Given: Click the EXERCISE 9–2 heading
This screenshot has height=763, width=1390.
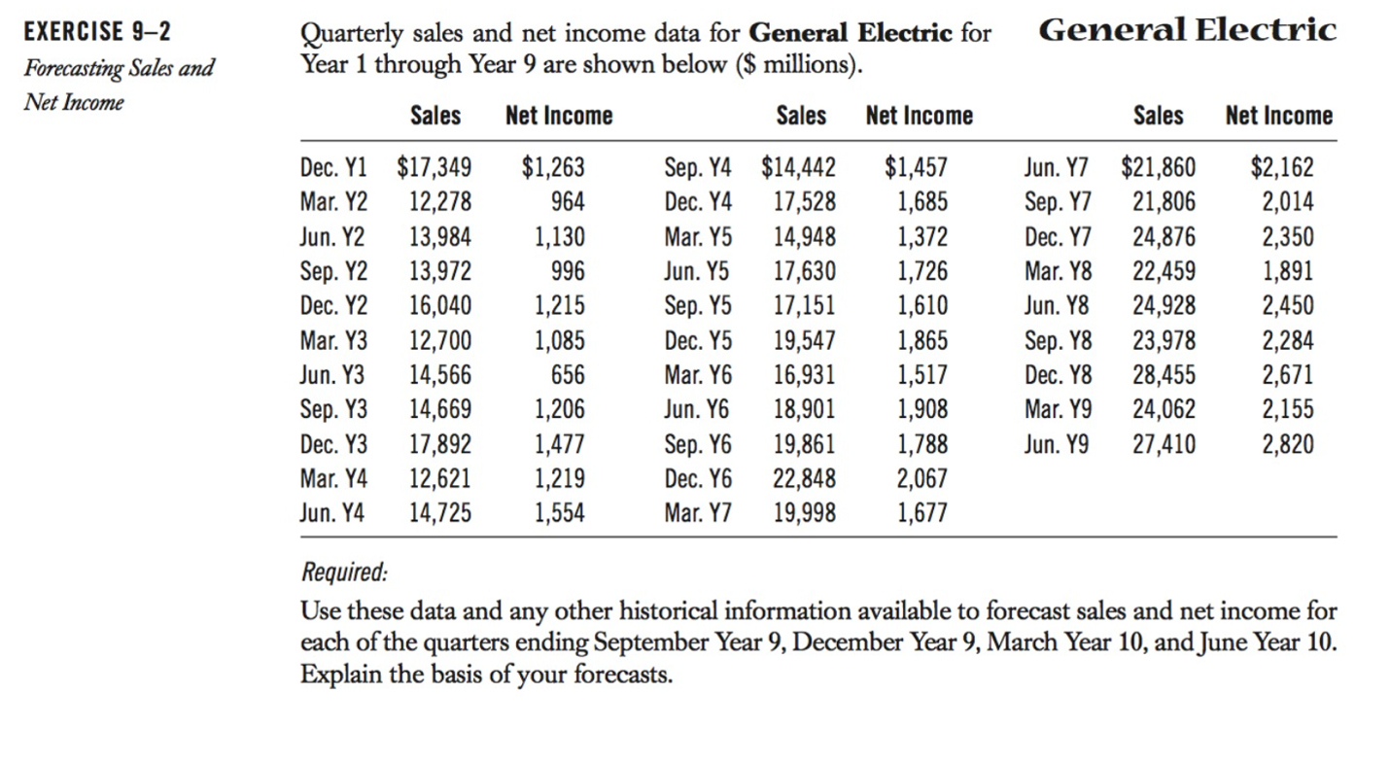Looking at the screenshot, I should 96,31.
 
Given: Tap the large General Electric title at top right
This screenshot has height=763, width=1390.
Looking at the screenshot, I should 1188,30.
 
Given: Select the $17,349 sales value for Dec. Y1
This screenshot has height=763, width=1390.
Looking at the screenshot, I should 434,168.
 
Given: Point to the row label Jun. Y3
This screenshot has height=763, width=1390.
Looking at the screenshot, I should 333,375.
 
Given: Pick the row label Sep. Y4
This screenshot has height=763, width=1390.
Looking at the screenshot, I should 698,168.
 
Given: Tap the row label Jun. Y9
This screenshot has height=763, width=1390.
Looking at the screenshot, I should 1056,444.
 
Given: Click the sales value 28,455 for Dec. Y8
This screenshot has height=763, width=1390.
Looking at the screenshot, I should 1164,375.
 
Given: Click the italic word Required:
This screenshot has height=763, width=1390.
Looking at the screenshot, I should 343,572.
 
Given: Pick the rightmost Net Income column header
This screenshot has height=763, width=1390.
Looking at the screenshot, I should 1278,116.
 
